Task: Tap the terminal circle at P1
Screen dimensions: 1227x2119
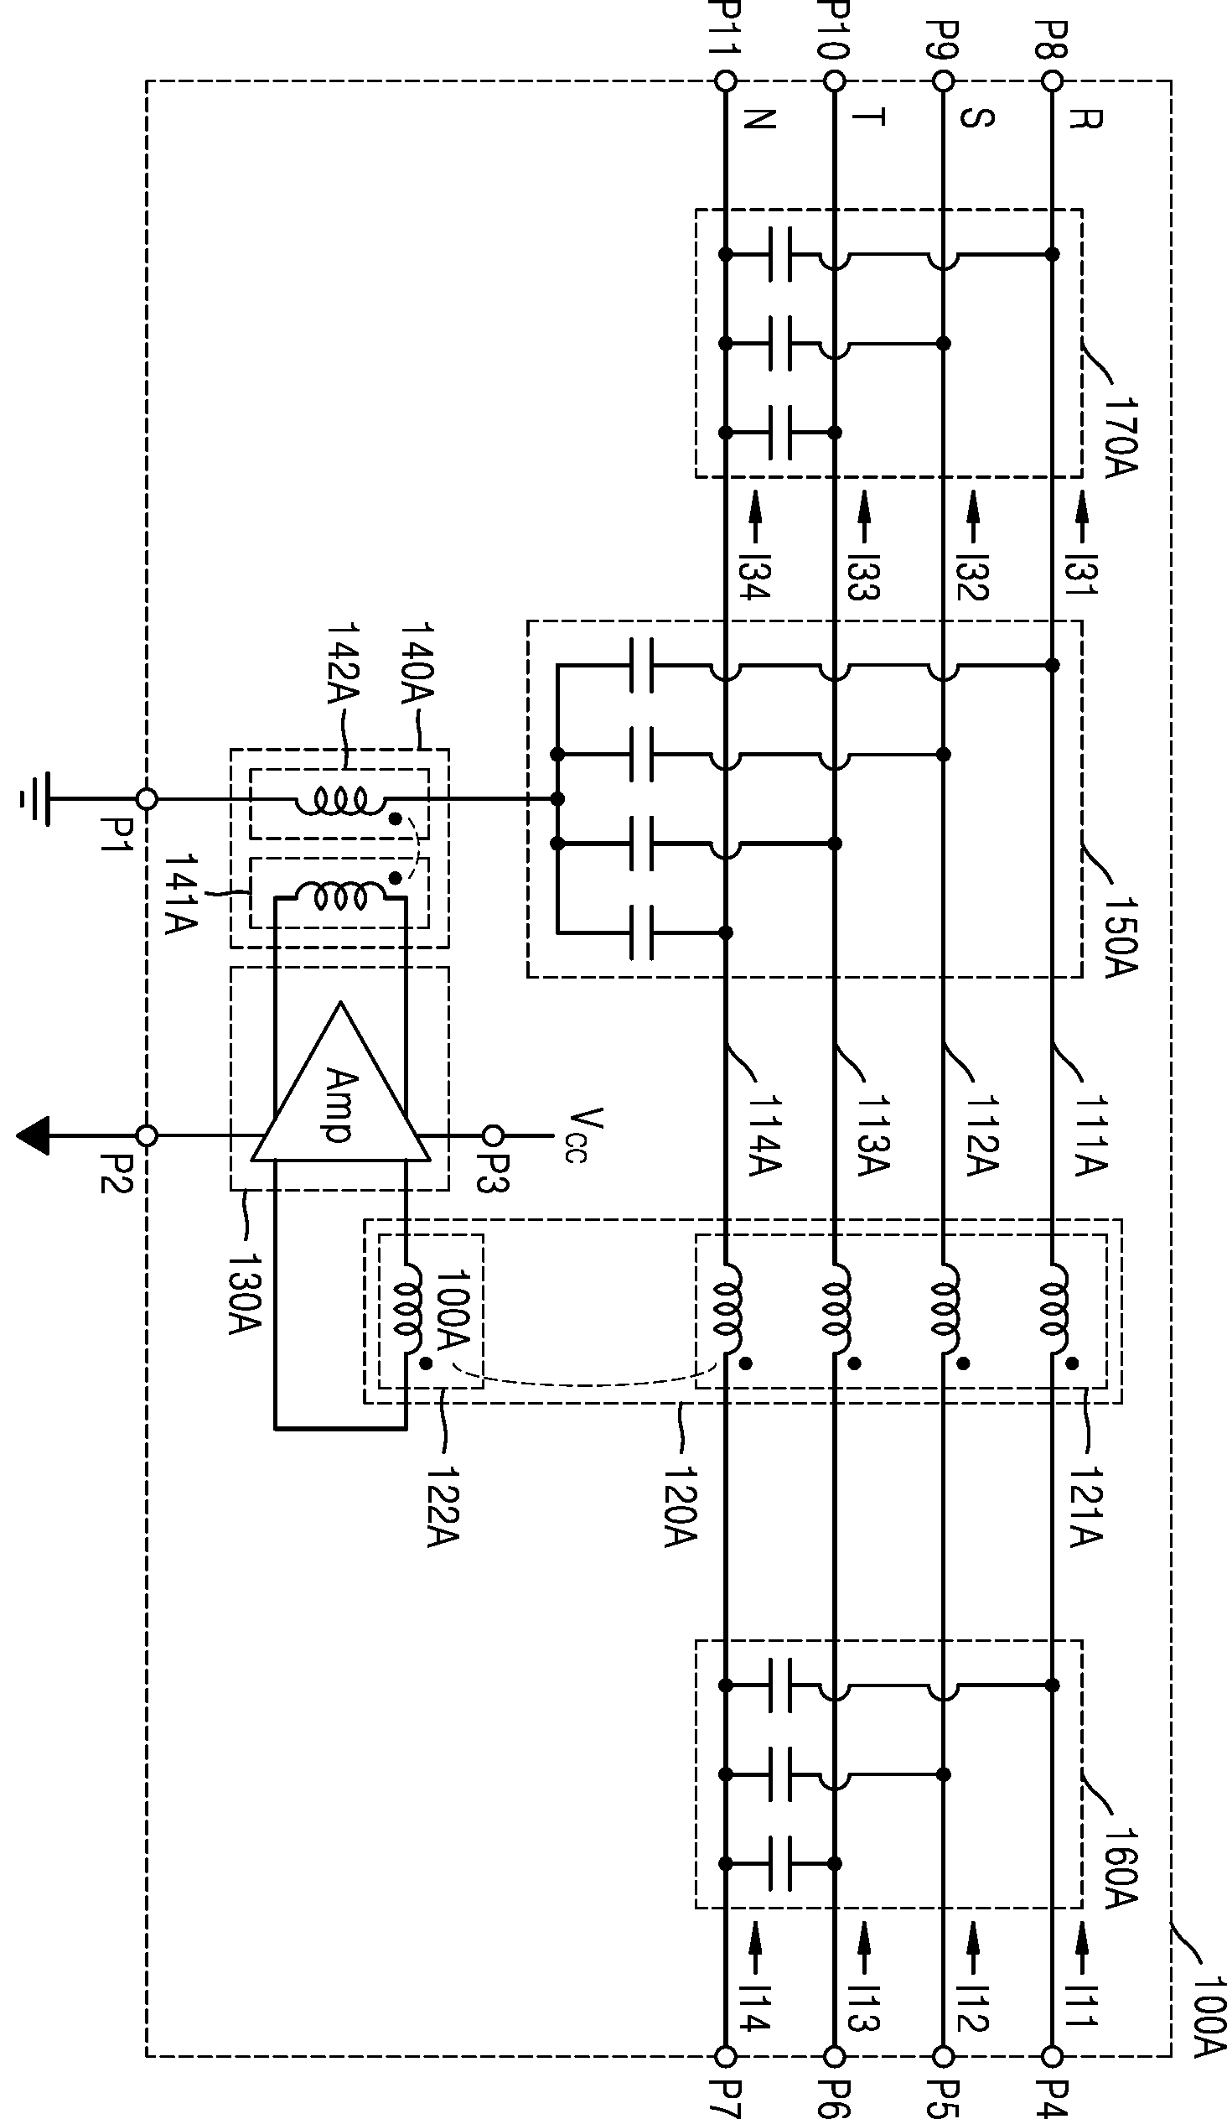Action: (146, 799)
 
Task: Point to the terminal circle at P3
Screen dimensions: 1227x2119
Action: (494, 1136)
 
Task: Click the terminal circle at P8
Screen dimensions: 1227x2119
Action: (1052, 81)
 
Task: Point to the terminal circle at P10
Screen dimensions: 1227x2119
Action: (835, 81)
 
